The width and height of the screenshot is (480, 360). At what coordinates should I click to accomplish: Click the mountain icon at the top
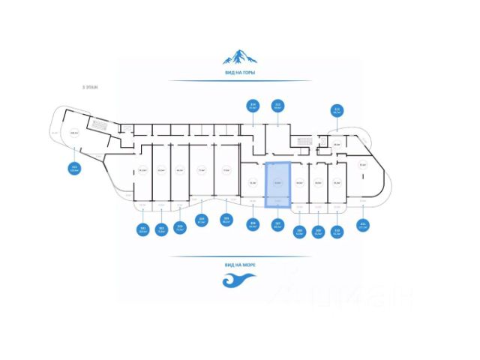(x=240, y=55)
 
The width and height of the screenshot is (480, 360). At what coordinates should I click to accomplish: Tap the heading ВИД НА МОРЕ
(x=240, y=265)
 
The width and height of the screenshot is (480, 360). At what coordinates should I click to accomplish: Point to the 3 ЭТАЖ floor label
(x=90, y=88)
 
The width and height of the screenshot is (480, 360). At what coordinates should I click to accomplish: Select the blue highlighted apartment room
(x=278, y=182)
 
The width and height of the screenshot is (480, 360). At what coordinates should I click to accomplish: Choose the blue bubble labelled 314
(x=253, y=106)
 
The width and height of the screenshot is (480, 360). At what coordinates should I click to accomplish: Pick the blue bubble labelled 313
(x=277, y=106)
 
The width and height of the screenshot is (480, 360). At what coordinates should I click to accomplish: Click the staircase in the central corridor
(x=301, y=140)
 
